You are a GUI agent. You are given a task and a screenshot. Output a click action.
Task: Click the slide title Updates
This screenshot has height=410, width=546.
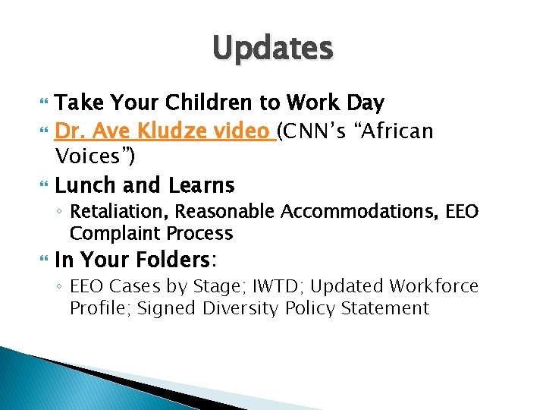tap(272, 49)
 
